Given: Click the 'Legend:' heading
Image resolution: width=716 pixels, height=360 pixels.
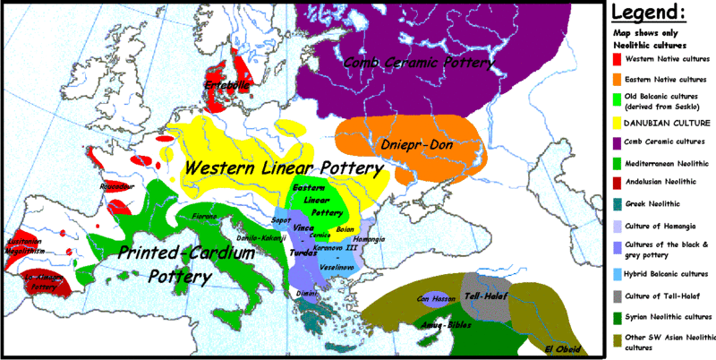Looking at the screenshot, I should (x=661, y=13).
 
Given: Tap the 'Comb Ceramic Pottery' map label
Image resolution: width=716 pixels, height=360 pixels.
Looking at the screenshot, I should (x=419, y=63).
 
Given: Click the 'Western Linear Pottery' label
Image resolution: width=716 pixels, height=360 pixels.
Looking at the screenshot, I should (x=282, y=167).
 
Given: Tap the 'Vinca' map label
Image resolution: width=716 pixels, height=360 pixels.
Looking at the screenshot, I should (x=303, y=228).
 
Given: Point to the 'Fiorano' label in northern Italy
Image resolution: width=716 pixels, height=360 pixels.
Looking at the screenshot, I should (x=205, y=217).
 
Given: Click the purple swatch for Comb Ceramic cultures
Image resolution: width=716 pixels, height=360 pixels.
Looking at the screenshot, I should (x=617, y=141).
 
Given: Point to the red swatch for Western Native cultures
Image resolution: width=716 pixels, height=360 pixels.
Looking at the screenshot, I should (x=617, y=58).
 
